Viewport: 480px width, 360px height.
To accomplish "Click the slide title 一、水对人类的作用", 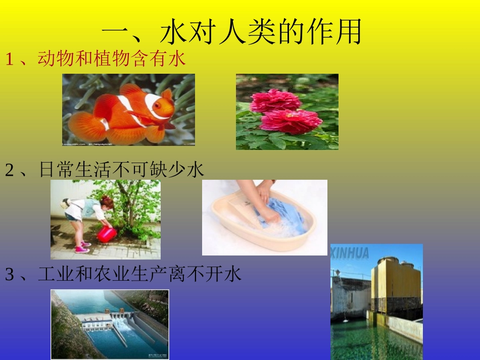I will coord(232,32).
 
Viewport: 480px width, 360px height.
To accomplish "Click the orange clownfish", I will coord(126,114).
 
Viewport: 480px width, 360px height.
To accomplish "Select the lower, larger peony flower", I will coord(292,121).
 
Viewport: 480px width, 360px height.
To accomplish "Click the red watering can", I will coord(107,234).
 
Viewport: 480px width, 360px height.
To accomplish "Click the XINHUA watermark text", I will coord(350,253).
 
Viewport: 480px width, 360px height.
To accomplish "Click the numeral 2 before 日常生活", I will coord(10,171).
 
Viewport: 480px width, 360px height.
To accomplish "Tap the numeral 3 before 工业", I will coord(10,275).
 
